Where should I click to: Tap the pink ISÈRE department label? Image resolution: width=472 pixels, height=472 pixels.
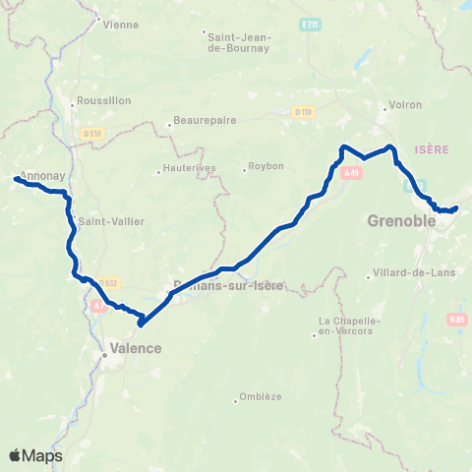[433, 148]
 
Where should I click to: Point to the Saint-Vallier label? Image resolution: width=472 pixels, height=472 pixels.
[110, 220]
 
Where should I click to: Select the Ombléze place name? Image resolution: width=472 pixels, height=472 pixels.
[259, 397]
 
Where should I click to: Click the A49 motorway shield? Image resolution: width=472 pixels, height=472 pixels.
[352, 173]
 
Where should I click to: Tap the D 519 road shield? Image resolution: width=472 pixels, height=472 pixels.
[93, 133]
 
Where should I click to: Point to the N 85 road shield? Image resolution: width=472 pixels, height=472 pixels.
[456, 319]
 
